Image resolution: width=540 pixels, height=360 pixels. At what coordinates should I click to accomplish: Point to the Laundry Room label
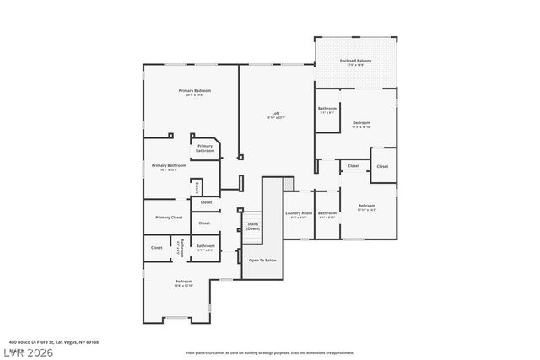point(299,214)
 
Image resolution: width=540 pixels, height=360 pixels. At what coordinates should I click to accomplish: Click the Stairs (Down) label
point(253,227)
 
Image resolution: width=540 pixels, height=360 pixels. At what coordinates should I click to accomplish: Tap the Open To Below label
point(262,260)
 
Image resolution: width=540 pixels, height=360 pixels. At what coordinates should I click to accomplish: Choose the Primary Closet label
point(169,218)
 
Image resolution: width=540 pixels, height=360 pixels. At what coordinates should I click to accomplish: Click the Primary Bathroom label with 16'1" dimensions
point(169,167)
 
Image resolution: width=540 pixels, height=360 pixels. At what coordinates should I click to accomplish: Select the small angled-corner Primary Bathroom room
point(205,148)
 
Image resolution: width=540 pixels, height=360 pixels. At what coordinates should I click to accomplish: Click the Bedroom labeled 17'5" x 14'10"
point(361,124)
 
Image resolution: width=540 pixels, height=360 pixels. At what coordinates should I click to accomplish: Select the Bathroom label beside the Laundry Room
point(327,214)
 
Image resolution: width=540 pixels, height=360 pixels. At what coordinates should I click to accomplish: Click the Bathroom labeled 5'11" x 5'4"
point(205,247)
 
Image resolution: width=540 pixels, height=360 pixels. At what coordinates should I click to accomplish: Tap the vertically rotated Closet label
point(197,186)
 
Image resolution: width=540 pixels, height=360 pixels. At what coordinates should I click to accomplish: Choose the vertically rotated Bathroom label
point(181,247)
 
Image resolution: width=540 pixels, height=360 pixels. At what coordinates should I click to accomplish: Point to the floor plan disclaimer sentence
point(269,352)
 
